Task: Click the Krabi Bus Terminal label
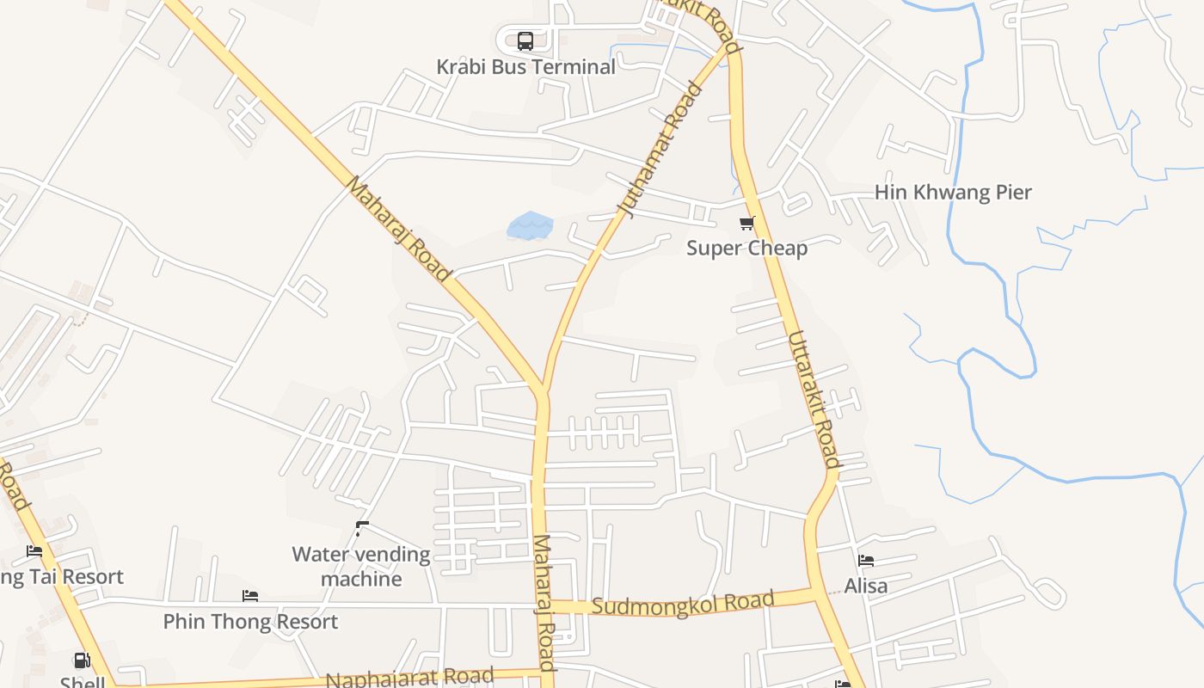click(525, 67)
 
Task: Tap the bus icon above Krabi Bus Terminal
click(525, 40)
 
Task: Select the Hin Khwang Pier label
click(953, 193)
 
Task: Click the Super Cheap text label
click(746, 249)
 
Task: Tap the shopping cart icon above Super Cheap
click(746, 224)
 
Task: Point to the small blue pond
click(530, 226)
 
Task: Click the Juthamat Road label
click(660, 150)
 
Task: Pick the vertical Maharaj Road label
click(544, 602)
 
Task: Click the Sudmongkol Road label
click(684, 603)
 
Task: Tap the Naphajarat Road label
click(409, 678)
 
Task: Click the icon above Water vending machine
click(362, 528)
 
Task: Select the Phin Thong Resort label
click(250, 622)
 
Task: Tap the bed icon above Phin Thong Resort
click(250, 595)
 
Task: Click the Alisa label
click(865, 587)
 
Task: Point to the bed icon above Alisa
click(866, 561)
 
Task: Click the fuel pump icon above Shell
click(82, 660)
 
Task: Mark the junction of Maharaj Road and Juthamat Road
click(542, 391)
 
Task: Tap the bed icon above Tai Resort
click(34, 550)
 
